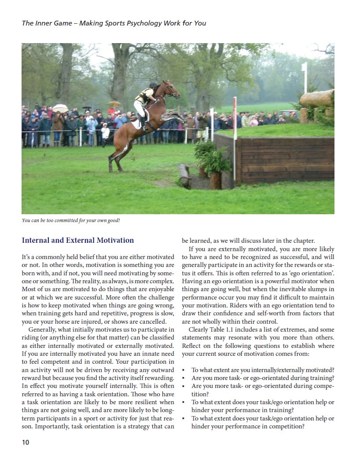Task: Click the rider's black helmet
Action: point(153,85)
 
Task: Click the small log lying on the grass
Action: point(184,175)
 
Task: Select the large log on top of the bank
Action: point(316,98)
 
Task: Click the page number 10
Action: point(26,442)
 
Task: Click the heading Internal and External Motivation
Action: point(78,240)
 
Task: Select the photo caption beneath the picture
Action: point(71,220)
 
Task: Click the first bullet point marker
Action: point(184,370)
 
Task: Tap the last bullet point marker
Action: point(184,418)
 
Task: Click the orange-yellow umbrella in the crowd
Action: point(114,104)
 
